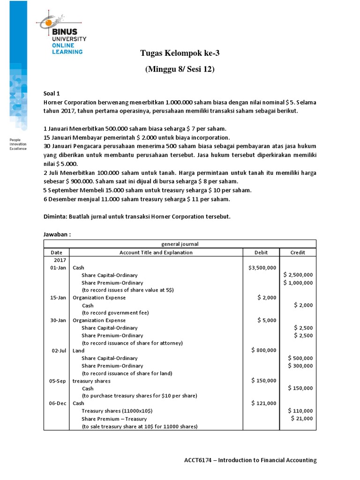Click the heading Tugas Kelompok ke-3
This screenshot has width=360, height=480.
[x=180, y=53]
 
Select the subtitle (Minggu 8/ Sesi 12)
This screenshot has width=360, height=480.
[x=180, y=69]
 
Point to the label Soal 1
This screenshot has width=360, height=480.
[x=52, y=94]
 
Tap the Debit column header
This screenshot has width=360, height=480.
[x=261, y=252]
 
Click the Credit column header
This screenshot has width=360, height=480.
[x=298, y=252]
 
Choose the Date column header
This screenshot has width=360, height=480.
[x=56, y=252]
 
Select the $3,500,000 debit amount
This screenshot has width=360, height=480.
[x=262, y=268]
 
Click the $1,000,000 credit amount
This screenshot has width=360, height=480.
[x=299, y=283]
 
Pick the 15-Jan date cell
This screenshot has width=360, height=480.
[x=58, y=298]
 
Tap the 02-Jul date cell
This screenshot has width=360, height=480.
[x=59, y=351]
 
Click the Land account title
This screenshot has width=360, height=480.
[x=79, y=351]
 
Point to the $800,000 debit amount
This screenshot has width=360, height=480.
[x=264, y=350]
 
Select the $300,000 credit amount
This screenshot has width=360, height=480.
[x=300, y=366]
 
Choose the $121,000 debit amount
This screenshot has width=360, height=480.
[x=264, y=403]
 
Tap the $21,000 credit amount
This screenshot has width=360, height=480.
[x=302, y=419]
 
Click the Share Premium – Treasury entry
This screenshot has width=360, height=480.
[x=114, y=419]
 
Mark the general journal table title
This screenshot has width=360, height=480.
[x=180, y=244]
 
